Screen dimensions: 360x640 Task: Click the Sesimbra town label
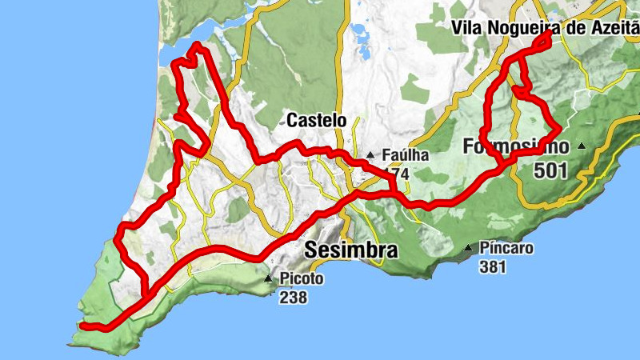click(x=351, y=250)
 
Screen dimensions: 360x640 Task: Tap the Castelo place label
click(x=316, y=121)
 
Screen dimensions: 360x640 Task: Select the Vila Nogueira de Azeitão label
click(x=545, y=28)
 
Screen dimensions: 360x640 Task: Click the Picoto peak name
click(x=302, y=279)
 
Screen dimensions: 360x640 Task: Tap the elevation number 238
click(x=294, y=298)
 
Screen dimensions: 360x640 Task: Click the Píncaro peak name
click(x=506, y=249)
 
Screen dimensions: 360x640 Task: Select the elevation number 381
click(x=493, y=267)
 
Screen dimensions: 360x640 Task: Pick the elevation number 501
click(x=552, y=170)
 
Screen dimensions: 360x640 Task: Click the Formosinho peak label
click(x=516, y=147)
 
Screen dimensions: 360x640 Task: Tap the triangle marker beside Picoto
click(x=270, y=278)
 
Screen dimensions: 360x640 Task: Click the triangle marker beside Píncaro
click(x=467, y=249)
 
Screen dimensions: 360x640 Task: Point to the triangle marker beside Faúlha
click(x=370, y=155)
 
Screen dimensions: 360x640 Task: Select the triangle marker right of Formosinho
click(x=582, y=146)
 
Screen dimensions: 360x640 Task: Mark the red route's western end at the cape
click(x=83, y=326)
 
